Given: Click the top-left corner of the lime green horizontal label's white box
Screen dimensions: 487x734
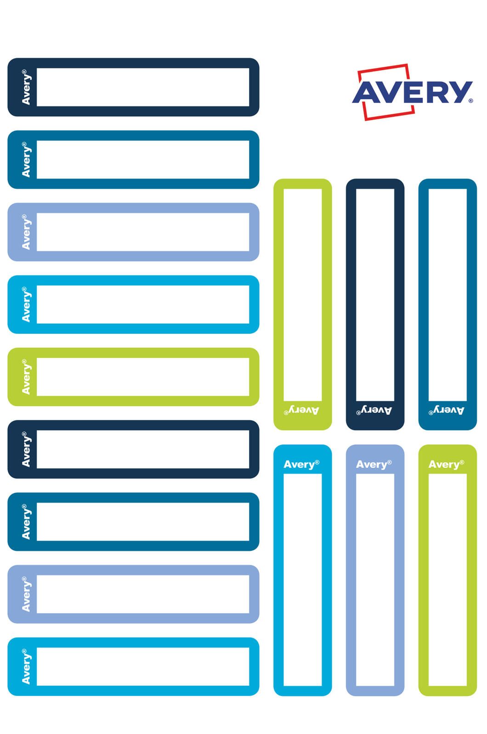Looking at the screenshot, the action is point(37,358).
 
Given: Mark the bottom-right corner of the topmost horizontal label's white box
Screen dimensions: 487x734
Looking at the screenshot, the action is point(249,106).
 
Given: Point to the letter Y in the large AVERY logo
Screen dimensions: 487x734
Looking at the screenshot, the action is point(460,92).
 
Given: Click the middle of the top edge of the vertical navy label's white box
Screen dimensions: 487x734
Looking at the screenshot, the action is point(375,189).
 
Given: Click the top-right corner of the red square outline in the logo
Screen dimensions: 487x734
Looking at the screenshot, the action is point(408,64).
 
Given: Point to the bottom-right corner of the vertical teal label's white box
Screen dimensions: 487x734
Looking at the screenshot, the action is point(467,401).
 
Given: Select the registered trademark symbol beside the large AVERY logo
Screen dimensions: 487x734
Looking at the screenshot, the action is point(471,101).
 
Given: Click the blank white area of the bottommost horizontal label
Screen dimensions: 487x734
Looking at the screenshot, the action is point(143,667).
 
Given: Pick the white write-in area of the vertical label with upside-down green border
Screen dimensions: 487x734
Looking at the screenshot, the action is point(303,295).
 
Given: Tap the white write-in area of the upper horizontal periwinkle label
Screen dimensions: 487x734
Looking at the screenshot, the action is point(143,232).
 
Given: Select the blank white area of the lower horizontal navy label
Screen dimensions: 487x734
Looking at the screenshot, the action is point(143,449).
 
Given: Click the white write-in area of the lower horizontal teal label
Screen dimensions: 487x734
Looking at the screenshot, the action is point(143,521).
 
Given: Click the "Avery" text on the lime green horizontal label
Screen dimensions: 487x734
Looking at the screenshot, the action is point(26,377).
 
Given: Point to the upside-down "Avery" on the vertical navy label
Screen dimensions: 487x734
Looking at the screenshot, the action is point(374,410).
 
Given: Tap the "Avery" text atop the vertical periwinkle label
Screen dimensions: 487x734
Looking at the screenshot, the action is point(374,465).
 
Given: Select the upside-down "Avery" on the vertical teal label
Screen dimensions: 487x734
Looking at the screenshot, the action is point(447,410).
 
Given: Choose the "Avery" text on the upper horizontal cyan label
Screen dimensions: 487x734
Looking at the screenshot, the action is point(26,304).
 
